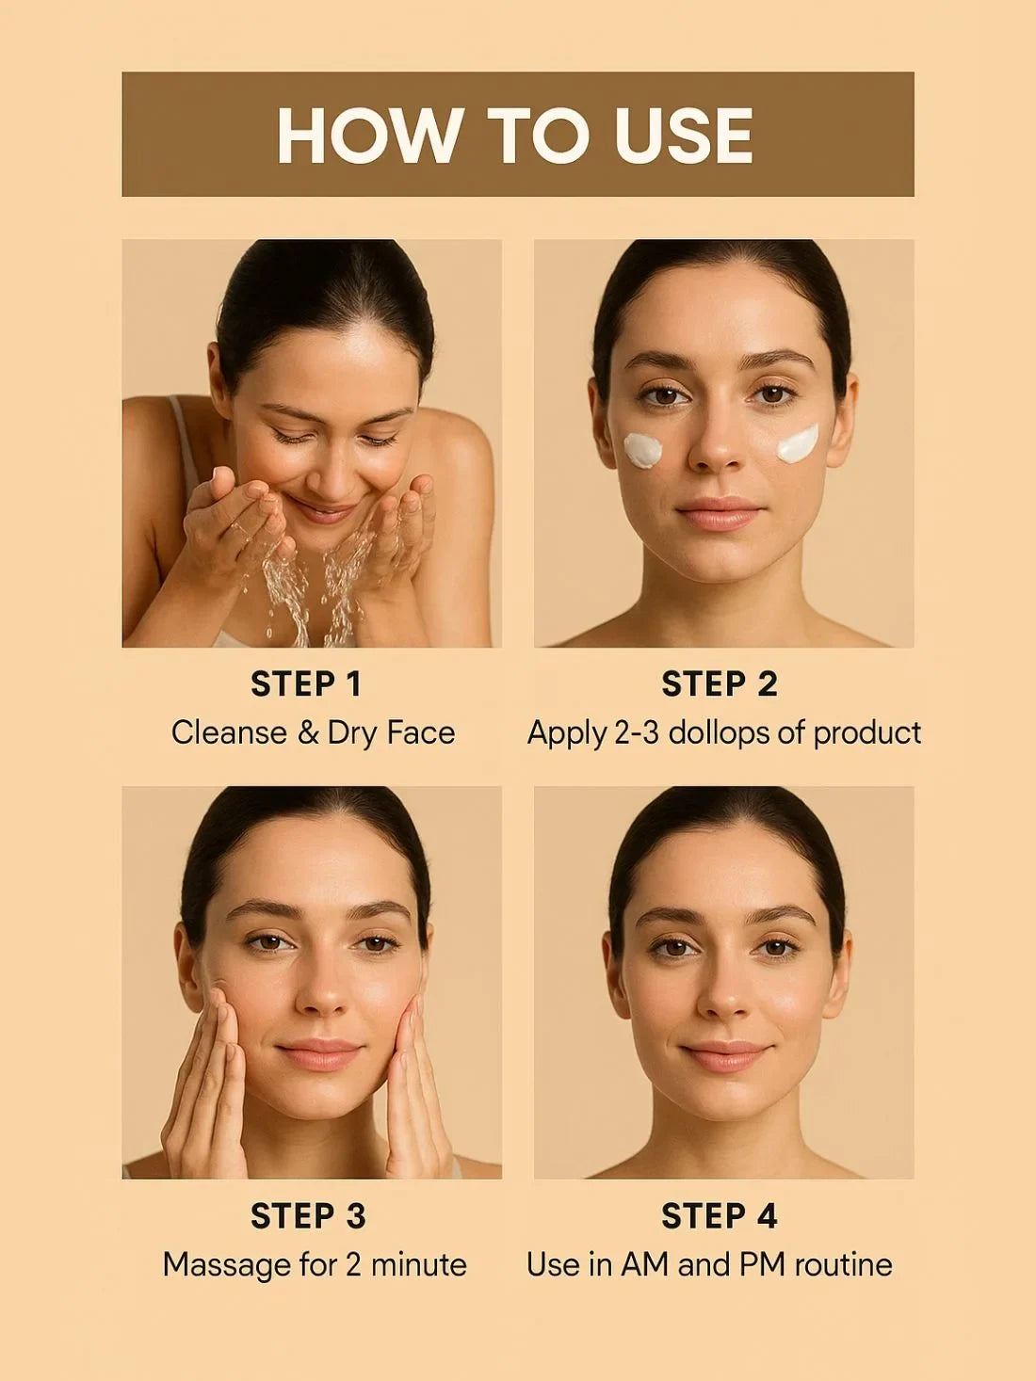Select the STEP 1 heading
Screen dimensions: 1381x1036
pyautogui.click(x=306, y=684)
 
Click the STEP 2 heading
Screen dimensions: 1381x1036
pyautogui.click(x=720, y=684)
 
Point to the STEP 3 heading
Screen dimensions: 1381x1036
pyautogui.click(x=307, y=1216)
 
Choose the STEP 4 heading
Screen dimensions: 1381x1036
pyautogui.click(x=720, y=1216)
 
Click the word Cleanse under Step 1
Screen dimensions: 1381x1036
pyautogui.click(x=229, y=732)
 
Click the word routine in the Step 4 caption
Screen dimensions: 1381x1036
pyautogui.click(x=843, y=1264)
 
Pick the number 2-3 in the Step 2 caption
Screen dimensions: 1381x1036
pyautogui.click(x=636, y=732)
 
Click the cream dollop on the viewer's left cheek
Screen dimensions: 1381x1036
pyautogui.click(x=643, y=449)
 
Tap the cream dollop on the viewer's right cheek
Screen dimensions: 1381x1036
pyautogui.click(x=798, y=443)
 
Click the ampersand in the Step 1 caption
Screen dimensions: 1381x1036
pyautogui.click(x=308, y=732)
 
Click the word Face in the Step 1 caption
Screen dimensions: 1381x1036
pyautogui.click(x=420, y=732)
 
